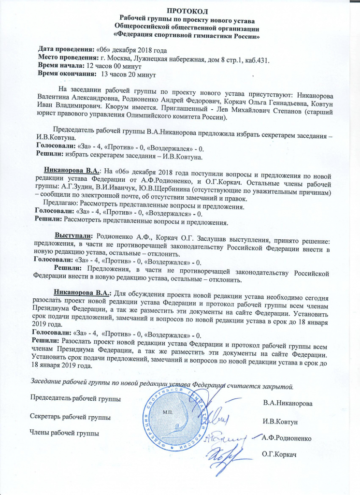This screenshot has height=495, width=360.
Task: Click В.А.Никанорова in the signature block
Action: (x=288, y=403)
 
